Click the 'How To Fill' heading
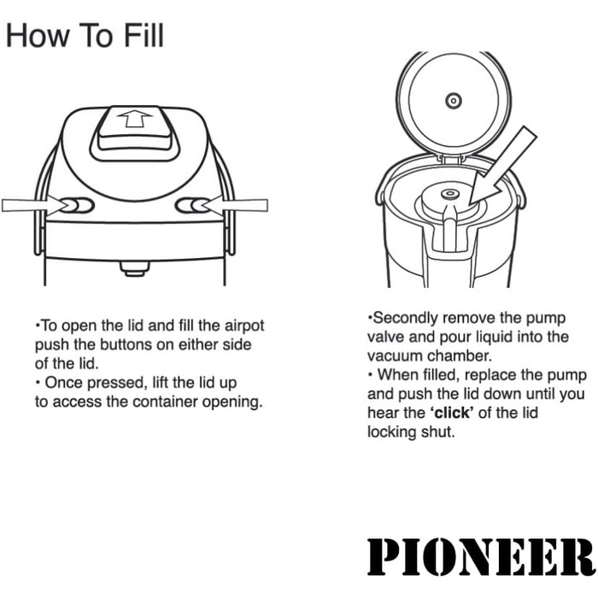coord(85,36)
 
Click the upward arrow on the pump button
coord(134,119)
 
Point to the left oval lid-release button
coord(76,205)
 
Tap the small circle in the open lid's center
coord(453,101)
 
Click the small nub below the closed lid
coord(134,268)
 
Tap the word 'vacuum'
coord(396,356)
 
